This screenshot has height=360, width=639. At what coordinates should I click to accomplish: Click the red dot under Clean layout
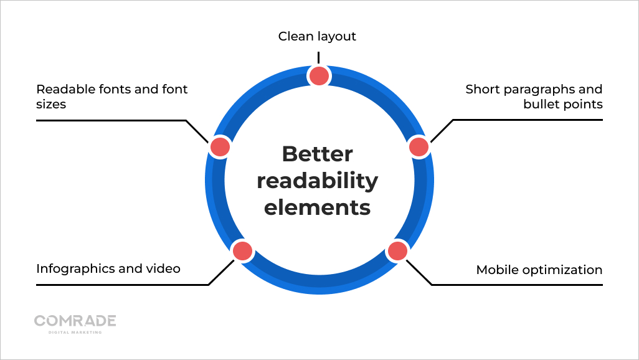(x=319, y=76)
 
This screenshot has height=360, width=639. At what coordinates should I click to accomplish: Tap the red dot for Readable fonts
(x=220, y=147)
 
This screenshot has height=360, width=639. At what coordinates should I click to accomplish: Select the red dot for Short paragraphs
(x=419, y=147)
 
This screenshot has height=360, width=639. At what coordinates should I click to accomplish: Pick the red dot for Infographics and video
(x=242, y=251)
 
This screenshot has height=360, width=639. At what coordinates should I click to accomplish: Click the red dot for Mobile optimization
(x=397, y=251)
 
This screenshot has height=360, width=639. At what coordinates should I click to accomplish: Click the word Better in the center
(x=317, y=154)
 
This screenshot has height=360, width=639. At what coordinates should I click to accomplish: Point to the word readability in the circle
(x=317, y=181)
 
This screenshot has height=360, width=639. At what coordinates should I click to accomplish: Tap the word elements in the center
(x=317, y=207)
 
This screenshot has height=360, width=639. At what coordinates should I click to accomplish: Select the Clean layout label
(x=317, y=36)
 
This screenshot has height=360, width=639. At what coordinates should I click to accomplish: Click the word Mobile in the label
(x=496, y=270)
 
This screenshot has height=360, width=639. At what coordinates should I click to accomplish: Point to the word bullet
(x=541, y=104)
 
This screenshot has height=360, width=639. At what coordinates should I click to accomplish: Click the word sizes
(x=51, y=104)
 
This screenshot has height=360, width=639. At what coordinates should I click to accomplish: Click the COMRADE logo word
(x=75, y=321)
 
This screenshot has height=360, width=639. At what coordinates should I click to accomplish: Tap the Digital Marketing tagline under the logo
(x=75, y=332)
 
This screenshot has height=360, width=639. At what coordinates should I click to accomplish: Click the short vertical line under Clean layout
(x=318, y=57)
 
